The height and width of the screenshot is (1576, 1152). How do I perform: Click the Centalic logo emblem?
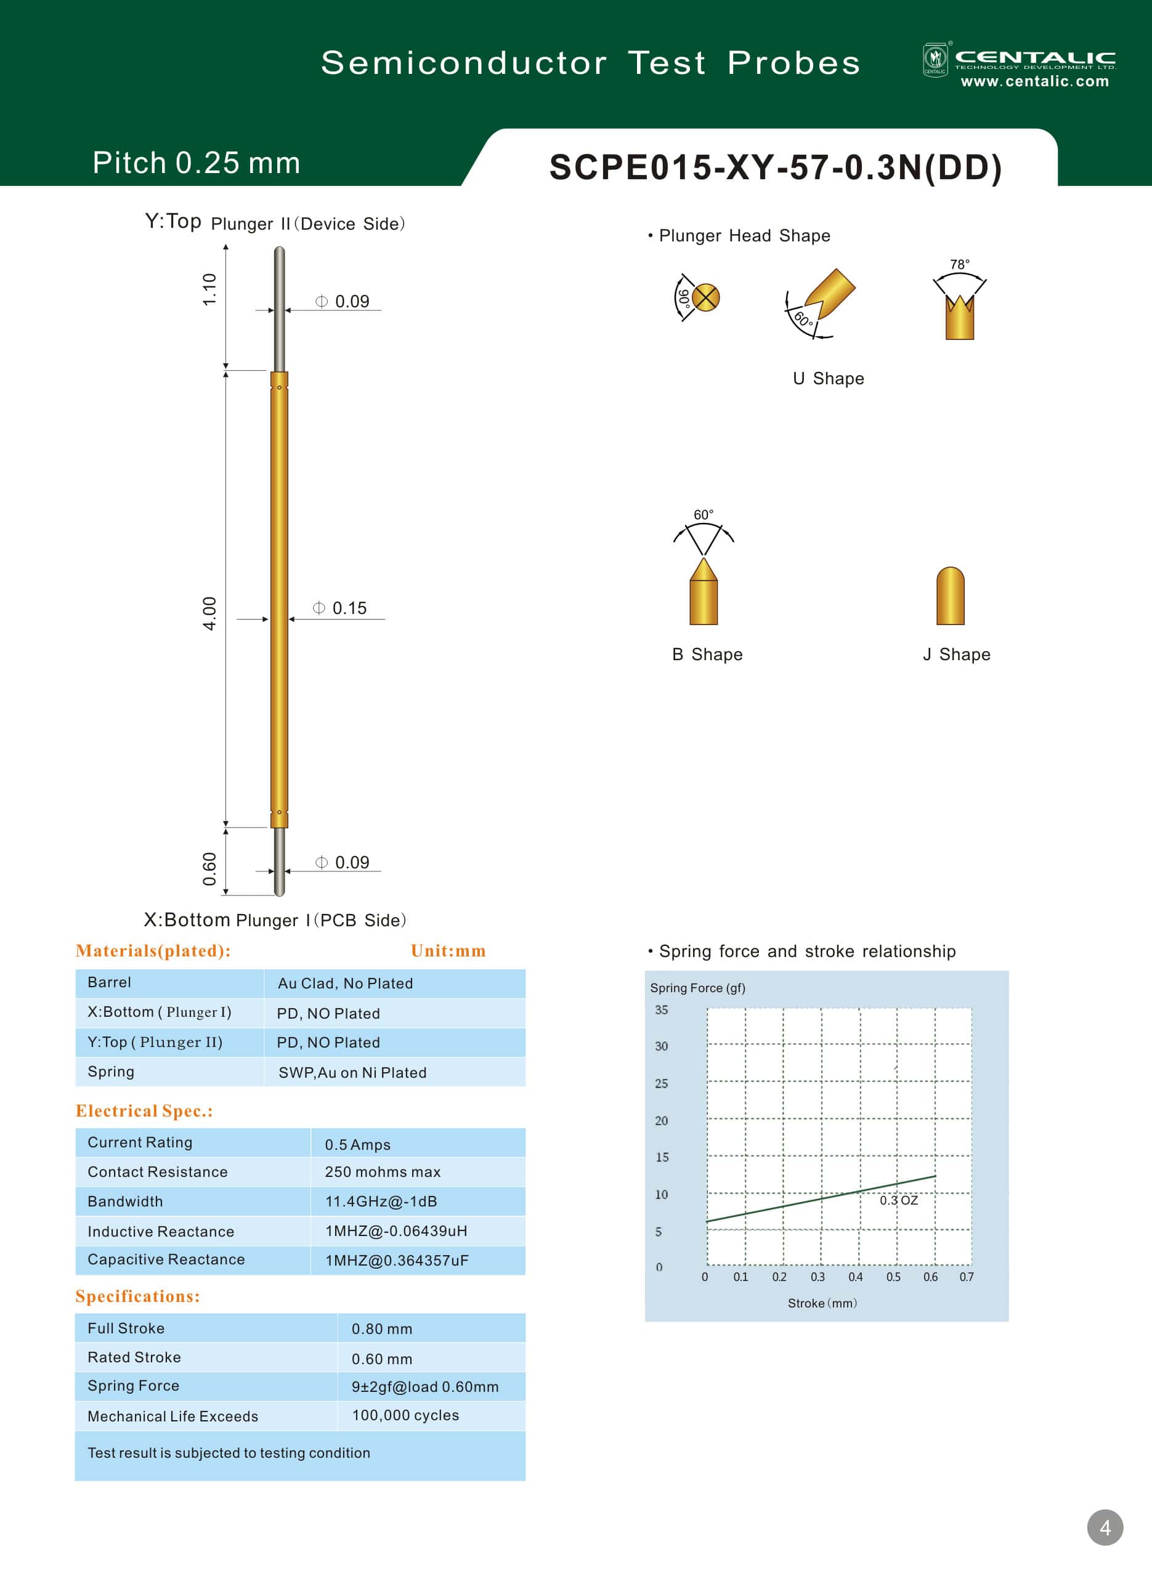935,59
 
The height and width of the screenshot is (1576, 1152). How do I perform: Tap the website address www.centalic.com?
1034,81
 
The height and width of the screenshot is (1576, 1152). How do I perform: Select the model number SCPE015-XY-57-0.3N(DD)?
776,168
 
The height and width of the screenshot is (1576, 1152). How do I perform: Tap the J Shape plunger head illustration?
951,596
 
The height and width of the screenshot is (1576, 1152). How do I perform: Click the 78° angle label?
960,265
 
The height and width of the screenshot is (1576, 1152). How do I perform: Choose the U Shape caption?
829,379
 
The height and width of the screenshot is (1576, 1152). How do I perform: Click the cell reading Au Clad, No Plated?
345,984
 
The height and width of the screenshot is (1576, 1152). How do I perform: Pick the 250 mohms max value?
382,1172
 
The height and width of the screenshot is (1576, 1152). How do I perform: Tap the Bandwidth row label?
125,1201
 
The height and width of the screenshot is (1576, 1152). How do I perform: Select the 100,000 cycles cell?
405,1415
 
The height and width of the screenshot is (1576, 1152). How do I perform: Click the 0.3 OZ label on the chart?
898,1200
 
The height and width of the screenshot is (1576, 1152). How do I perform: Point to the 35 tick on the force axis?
661,1010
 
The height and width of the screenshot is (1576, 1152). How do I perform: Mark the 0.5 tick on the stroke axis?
893,1277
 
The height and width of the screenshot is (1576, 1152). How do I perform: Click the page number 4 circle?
1105,1528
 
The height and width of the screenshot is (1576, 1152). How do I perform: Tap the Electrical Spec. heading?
144,1111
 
